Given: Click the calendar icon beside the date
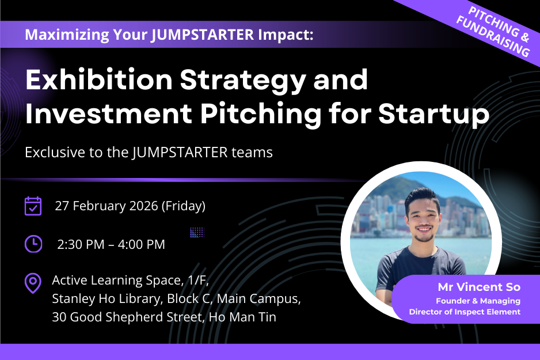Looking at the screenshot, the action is coord(33,206).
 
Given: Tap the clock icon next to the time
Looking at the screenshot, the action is coord(33,244).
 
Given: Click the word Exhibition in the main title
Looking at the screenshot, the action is coord(99,80).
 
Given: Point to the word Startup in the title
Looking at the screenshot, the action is coord(434,113).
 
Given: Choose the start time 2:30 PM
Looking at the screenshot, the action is coord(81,244).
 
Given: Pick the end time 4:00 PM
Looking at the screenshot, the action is coord(141,244).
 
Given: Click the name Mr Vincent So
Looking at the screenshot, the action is coord(479,287).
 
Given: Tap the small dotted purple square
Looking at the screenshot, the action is coord(197,232).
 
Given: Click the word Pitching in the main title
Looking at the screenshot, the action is coord(261,113).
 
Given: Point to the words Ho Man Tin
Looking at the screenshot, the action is coord(242,317).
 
